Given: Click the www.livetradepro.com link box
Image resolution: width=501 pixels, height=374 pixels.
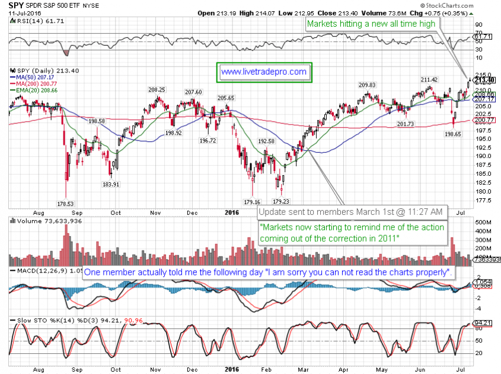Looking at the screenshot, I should point(263,72).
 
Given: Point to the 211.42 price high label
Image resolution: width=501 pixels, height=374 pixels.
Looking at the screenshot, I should point(429,80).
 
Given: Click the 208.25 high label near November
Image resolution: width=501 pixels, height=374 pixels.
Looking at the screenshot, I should point(157,90).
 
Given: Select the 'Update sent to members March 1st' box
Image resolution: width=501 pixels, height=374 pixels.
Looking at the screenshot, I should point(350,212).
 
